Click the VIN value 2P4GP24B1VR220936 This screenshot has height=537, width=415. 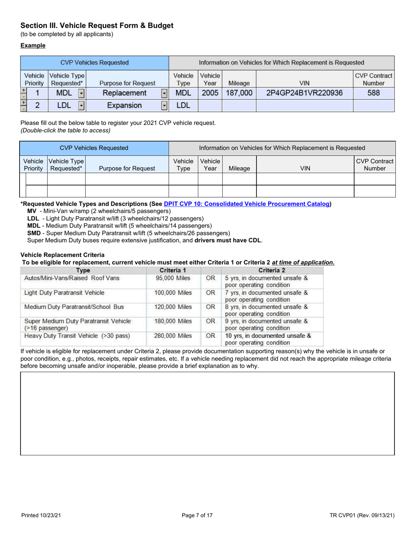pos(304,93)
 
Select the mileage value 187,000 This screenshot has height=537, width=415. pos(239,93)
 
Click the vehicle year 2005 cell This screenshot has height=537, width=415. pos(210,93)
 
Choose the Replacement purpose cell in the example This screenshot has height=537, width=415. pos(125,93)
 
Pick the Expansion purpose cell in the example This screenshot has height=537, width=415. pos(125,105)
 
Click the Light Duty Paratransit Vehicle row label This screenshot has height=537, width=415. pos(64,293)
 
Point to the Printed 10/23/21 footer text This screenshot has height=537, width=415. pos(41,516)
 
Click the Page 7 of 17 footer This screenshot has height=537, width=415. pos(197,516)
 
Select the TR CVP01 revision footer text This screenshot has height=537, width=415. pos(362,516)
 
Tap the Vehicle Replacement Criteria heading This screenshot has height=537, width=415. pos(62,255)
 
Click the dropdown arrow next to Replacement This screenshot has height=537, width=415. pos(164,93)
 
